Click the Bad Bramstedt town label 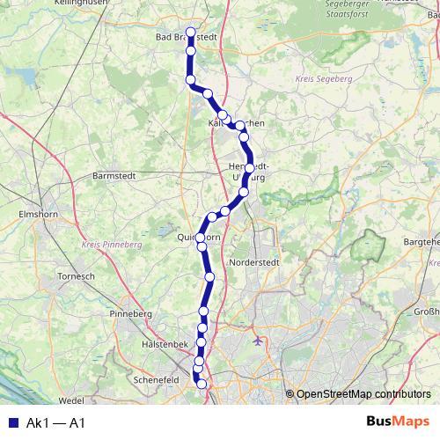point(185,38)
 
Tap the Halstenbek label point(165,345)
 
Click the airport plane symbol point(256,340)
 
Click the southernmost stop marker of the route point(202,384)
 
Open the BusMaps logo point(399,422)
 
